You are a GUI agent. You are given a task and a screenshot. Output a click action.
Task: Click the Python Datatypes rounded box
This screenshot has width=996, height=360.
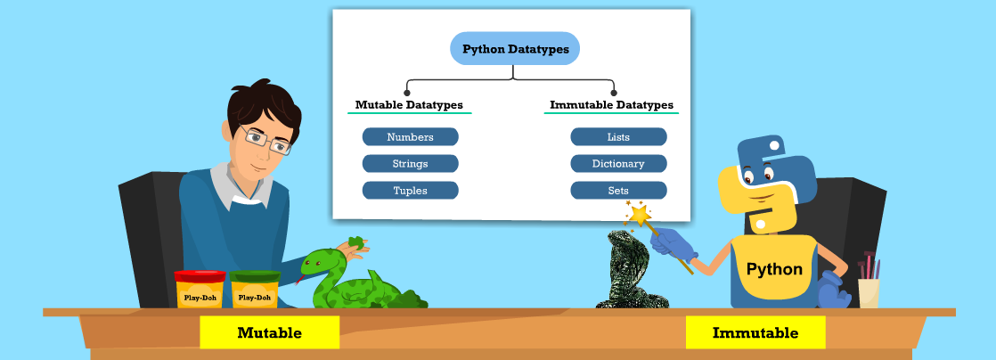[x=515, y=49]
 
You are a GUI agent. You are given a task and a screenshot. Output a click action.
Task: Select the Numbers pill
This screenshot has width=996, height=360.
[x=410, y=137]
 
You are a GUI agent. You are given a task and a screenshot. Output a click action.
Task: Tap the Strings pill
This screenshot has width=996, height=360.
[x=410, y=164]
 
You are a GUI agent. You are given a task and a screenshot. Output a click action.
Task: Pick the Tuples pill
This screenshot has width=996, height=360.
[x=410, y=191]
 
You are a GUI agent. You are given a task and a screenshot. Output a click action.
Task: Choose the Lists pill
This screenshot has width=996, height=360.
[x=618, y=137]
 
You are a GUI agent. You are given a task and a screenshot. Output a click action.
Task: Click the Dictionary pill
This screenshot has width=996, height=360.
[x=618, y=164]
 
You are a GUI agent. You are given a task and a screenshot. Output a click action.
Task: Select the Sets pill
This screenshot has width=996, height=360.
[x=618, y=191]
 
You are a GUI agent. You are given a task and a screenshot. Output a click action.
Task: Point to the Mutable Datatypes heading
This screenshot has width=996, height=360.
[x=409, y=105]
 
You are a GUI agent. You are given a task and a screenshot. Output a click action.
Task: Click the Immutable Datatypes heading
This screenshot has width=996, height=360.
[x=611, y=105]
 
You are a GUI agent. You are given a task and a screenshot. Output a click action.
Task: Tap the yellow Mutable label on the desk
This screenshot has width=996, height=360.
[x=269, y=333]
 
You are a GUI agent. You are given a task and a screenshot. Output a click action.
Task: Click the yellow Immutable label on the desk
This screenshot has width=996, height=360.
[x=755, y=333]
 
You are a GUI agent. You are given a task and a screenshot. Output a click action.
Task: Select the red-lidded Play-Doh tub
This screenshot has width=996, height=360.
[x=200, y=290]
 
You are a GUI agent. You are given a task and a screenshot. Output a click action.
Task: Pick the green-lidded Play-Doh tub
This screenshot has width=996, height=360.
[x=255, y=290]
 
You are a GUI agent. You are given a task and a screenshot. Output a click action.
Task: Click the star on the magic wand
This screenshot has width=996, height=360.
[x=640, y=215]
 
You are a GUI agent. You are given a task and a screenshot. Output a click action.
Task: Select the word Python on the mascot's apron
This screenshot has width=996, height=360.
[x=773, y=269]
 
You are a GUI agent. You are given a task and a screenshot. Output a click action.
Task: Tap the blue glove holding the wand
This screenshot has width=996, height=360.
[x=669, y=241]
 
